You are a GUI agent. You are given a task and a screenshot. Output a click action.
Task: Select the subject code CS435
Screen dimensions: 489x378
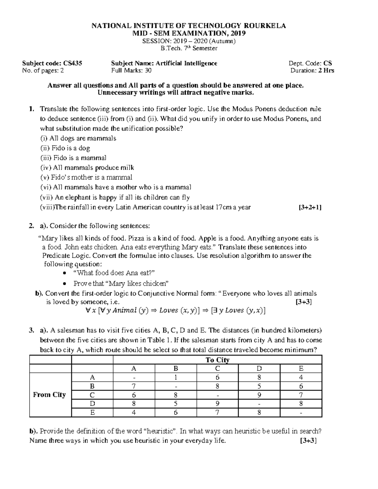pos(73,63)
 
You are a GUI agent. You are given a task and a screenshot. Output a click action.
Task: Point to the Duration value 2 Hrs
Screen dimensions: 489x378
pos(326,71)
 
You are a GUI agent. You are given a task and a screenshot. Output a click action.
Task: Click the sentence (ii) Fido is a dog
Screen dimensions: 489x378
pos(65,148)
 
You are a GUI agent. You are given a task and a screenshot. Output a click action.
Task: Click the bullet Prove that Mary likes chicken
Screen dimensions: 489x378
pos(121,283)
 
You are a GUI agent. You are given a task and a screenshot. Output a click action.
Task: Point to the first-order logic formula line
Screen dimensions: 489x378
pos(175,310)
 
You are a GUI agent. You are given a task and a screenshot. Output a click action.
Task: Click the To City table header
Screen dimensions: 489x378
pos(217,360)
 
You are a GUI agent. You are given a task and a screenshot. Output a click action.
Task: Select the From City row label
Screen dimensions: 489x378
pos(49,395)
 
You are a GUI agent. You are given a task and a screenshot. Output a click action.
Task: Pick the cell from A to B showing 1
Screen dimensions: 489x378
pos(176,377)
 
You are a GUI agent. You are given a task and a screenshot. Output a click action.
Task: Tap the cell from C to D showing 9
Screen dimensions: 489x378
pos(259,395)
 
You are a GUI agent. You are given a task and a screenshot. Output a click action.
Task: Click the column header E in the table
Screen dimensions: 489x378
pos(301,368)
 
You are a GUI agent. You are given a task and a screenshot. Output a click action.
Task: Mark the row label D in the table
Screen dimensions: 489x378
pos(92,404)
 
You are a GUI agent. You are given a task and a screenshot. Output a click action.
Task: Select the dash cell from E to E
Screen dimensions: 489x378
pos(301,412)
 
